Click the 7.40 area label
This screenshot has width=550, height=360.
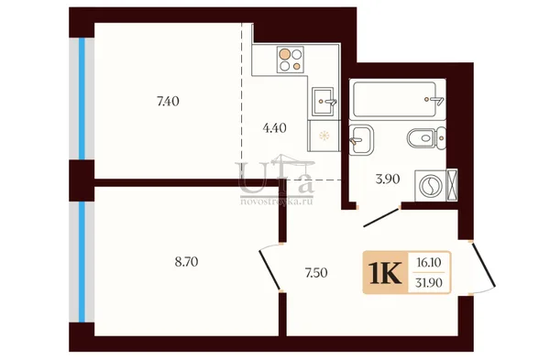tap(168, 102)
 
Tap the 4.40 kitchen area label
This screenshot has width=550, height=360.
tap(274, 128)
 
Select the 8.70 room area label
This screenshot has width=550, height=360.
tap(186, 262)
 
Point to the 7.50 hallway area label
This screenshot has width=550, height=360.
tap(316, 273)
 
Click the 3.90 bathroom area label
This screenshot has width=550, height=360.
tap(387, 180)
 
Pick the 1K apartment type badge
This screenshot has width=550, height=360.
tap(385, 273)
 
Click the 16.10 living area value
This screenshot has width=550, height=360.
tap(428, 262)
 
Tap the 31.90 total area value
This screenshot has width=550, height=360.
tap(429, 282)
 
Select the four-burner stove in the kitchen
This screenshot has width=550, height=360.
tap(290, 60)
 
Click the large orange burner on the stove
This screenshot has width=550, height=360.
tap(284, 54)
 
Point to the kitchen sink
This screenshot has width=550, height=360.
tap(323, 102)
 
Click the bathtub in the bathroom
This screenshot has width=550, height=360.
tap(395, 99)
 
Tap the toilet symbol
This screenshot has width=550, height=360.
tap(426, 137)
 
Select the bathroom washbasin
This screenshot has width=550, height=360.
tap(362, 140)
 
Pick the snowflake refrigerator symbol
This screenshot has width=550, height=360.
tap(324, 136)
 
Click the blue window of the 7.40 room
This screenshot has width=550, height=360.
tap(82, 99)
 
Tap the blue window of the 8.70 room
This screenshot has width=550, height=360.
tap(82, 262)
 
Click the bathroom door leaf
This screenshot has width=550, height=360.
tap(381, 218)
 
